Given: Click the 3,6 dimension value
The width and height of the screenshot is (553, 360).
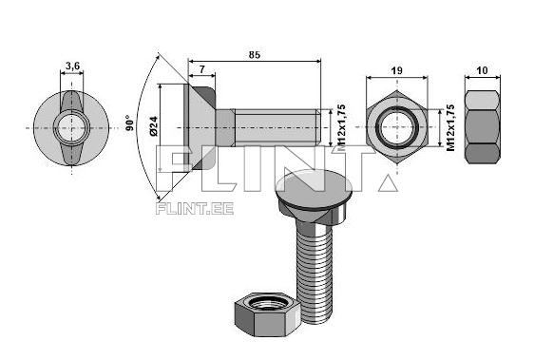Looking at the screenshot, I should pos(72,66).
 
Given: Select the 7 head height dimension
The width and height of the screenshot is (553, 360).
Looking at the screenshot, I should pos(202,70).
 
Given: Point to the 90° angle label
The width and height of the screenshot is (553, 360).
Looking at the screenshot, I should pos(129,123).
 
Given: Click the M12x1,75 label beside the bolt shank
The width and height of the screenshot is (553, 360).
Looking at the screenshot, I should pos(338,128).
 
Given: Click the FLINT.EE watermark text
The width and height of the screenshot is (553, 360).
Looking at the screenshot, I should pos(194,208).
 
